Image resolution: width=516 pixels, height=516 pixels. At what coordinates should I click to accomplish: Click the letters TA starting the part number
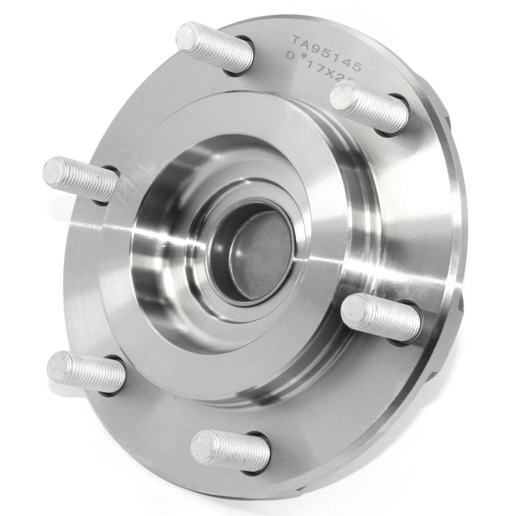tap(301, 44)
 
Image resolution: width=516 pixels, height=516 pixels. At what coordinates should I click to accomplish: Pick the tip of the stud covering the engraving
tap(344, 97)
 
